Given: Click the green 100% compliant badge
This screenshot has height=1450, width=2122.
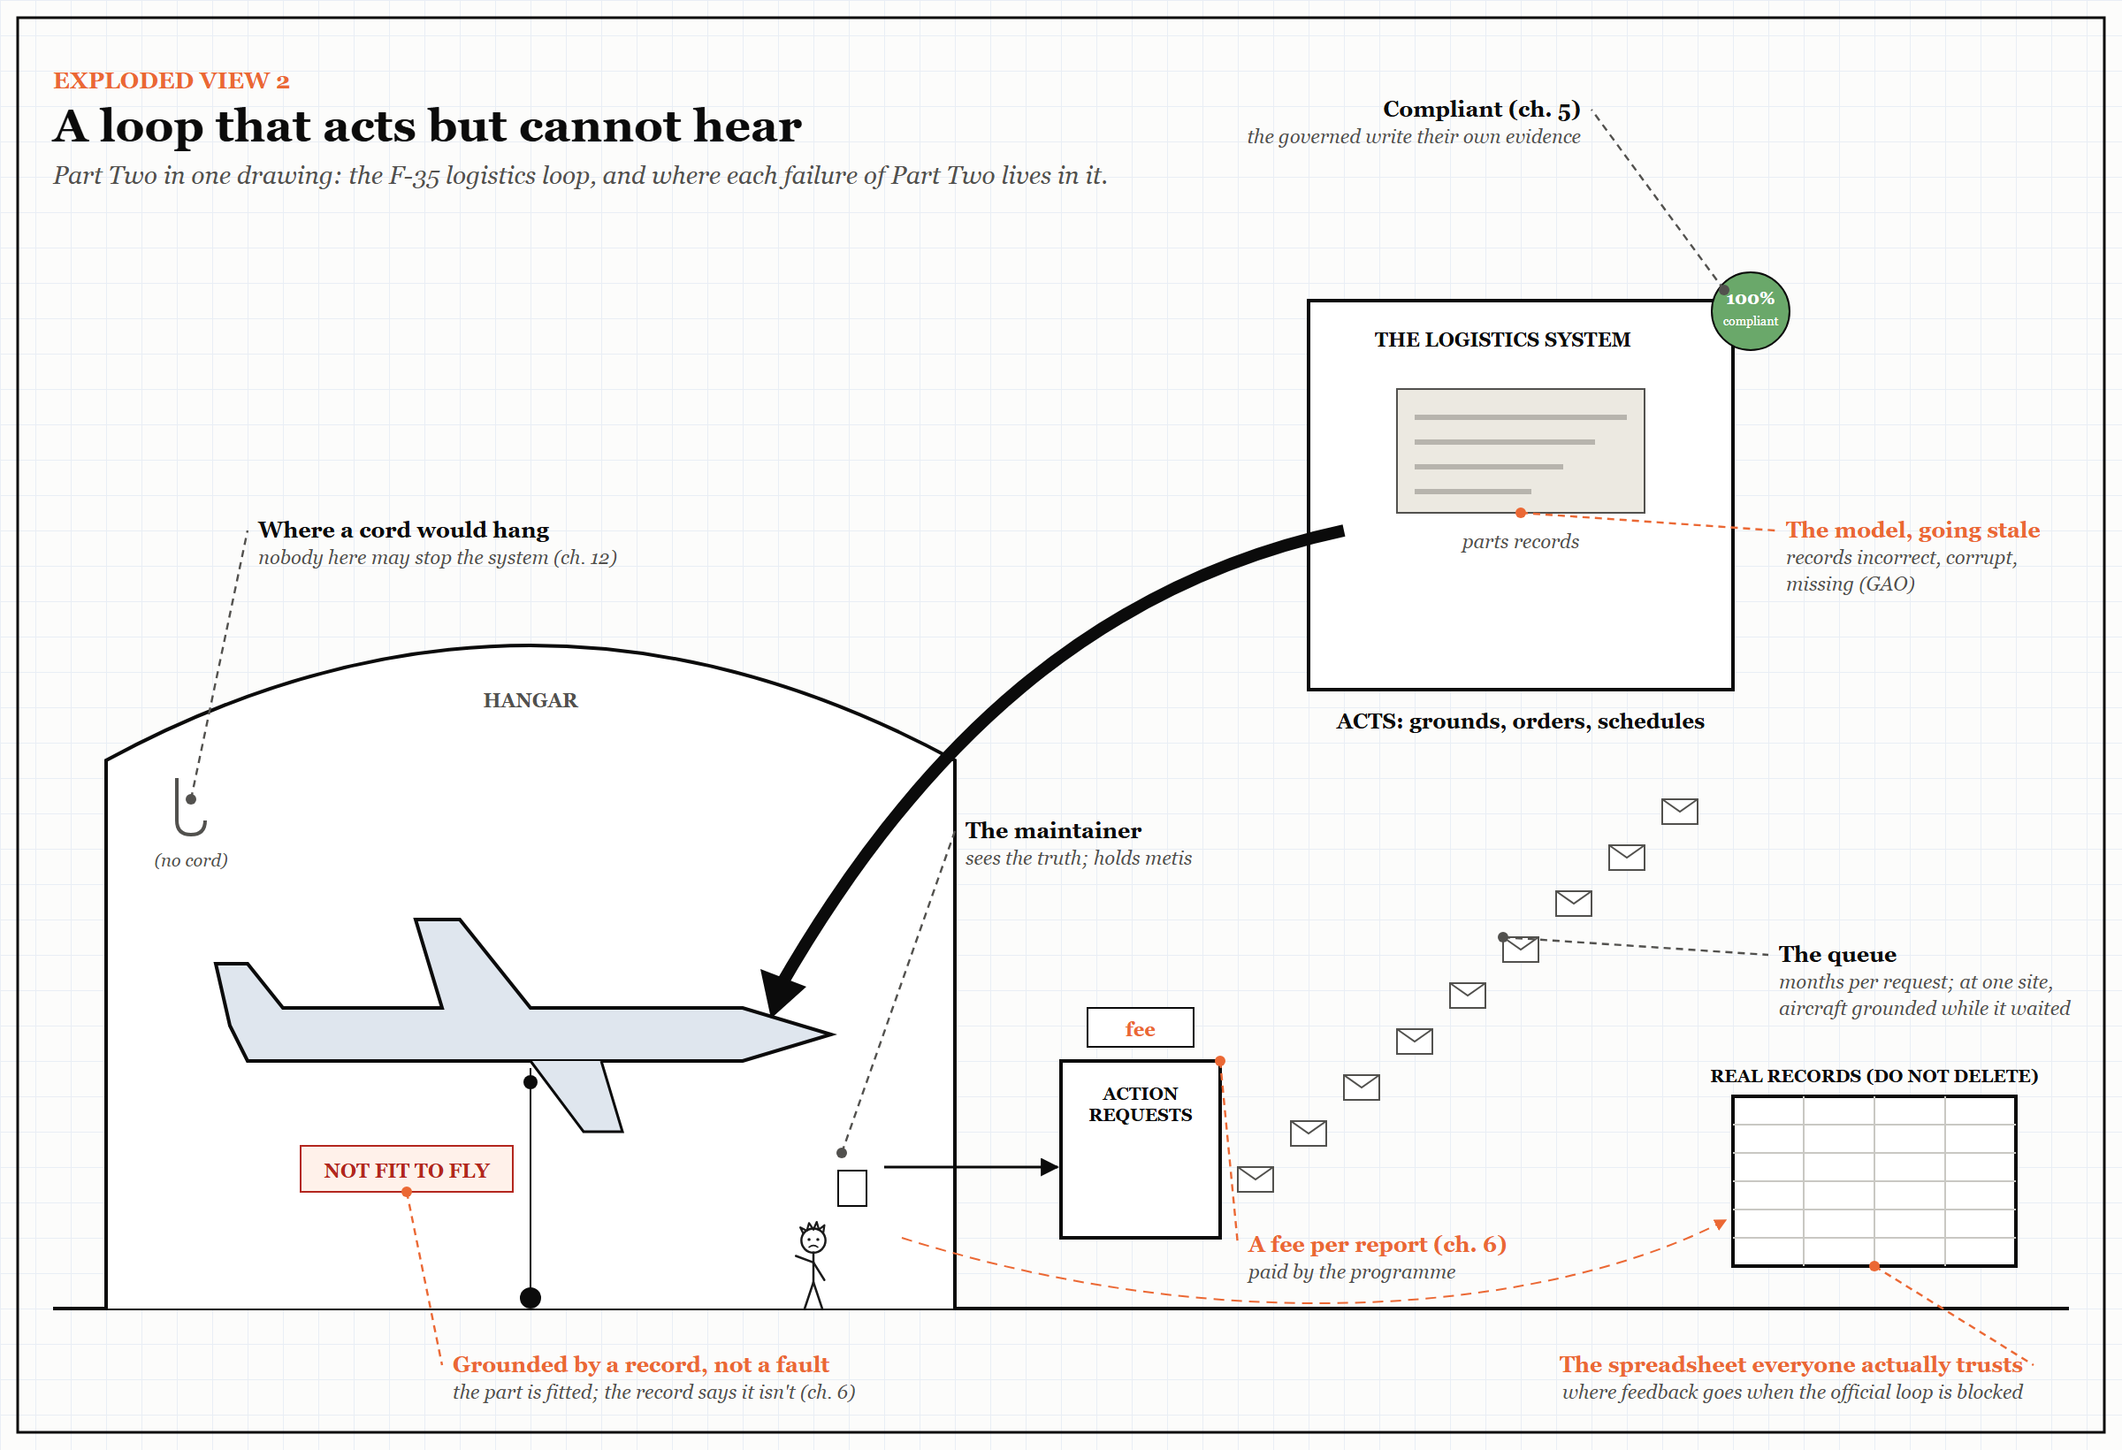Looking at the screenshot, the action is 1750,310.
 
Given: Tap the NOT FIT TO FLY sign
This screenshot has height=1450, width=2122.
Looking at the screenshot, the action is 407,1169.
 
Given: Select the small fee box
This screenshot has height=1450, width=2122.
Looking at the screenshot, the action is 1140,1027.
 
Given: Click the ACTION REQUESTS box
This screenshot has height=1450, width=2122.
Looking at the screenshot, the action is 1140,1149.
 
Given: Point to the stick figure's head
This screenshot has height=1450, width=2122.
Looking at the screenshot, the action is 813,1239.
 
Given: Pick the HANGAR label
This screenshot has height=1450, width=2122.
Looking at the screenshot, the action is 530,700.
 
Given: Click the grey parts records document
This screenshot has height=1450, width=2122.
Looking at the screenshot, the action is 1520,450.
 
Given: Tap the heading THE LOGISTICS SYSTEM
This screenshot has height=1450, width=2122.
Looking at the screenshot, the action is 1502,340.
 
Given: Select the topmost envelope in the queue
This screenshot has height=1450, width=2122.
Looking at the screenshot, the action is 1679,811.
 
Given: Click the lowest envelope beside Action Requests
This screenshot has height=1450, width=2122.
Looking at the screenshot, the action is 1256,1179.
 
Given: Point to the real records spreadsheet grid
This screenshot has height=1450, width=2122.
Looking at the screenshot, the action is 1874,1180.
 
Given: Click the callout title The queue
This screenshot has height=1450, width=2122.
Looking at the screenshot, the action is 1837,954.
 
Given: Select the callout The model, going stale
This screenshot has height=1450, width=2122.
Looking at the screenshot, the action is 1913,530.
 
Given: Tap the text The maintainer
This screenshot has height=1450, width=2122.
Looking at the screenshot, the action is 1053,830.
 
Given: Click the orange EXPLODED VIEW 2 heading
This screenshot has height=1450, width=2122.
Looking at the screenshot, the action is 171,80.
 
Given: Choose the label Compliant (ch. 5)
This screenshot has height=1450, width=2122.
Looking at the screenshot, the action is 1481,109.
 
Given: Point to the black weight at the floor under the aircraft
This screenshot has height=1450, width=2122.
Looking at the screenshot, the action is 530,1298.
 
